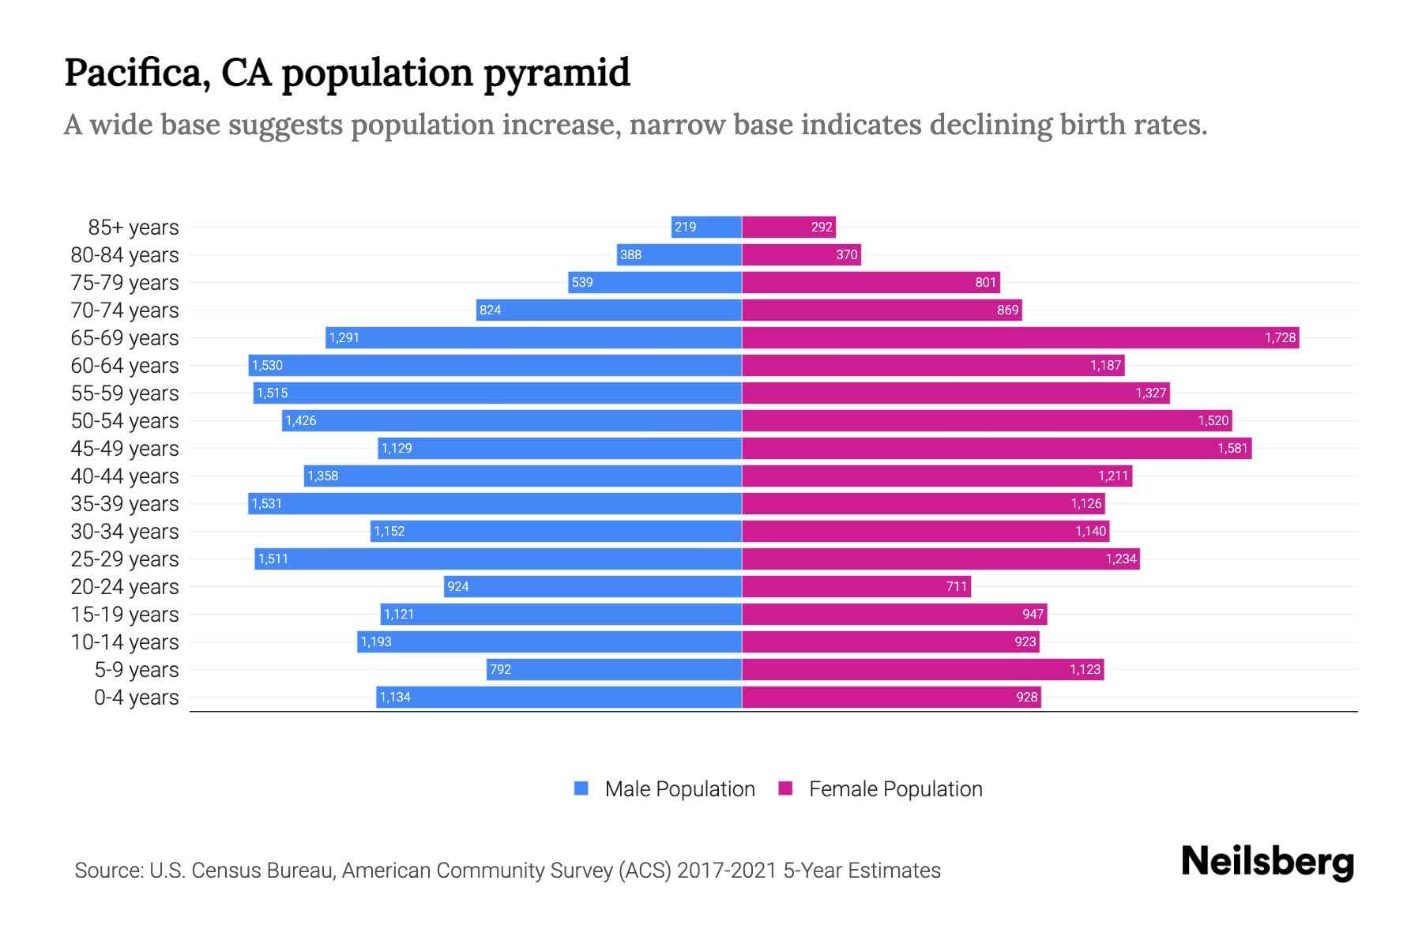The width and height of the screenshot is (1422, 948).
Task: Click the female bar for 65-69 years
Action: click(x=1019, y=338)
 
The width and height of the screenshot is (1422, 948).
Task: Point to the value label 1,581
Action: click(x=1232, y=449)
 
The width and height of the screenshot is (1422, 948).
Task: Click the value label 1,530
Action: click(x=267, y=366)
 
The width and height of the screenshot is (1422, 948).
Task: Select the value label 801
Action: click(x=985, y=283)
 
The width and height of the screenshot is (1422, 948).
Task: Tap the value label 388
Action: click(x=630, y=255)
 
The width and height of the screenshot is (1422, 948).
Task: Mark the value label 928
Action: click(x=1026, y=698)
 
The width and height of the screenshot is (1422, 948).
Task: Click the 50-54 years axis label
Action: click(x=125, y=421)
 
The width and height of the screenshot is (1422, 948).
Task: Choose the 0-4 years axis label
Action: click(x=136, y=698)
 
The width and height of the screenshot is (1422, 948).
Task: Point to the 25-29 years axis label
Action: click(x=125, y=559)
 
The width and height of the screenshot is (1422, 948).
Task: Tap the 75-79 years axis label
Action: click(x=125, y=283)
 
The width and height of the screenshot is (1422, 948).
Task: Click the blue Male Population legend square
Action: click(x=581, y=788)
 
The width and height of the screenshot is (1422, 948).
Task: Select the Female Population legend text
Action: click(x=895, y=789)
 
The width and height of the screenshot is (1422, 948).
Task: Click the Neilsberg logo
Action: click(x=1267, y=862)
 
